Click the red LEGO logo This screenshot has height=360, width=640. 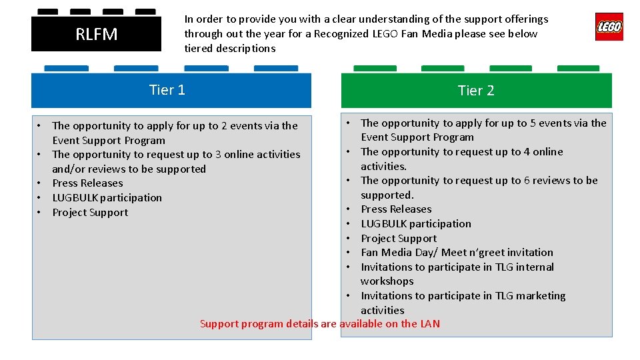click(609, 27)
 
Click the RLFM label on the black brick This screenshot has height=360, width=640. click(96, 34)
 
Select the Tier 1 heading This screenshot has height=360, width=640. click(167, 90)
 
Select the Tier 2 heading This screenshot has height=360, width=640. click(476, 91)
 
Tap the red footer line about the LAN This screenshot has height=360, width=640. click(320, 324)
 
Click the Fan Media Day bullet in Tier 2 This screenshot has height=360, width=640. click(457, 253)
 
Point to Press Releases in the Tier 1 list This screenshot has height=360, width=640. click(87, 183)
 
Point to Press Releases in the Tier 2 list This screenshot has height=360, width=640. click(396, 209)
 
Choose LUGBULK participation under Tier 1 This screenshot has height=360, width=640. click(107, 198)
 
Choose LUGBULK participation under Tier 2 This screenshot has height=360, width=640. click(416, 224)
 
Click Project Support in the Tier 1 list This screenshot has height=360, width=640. click(90, 213)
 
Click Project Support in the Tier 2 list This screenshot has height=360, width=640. click(399, 239)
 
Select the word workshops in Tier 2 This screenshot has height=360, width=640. click(387, 281)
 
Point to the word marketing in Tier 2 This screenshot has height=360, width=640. click(535, 296)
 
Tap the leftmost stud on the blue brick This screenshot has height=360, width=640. click(66, 68)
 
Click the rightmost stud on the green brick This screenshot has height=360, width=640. click(578, 68)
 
